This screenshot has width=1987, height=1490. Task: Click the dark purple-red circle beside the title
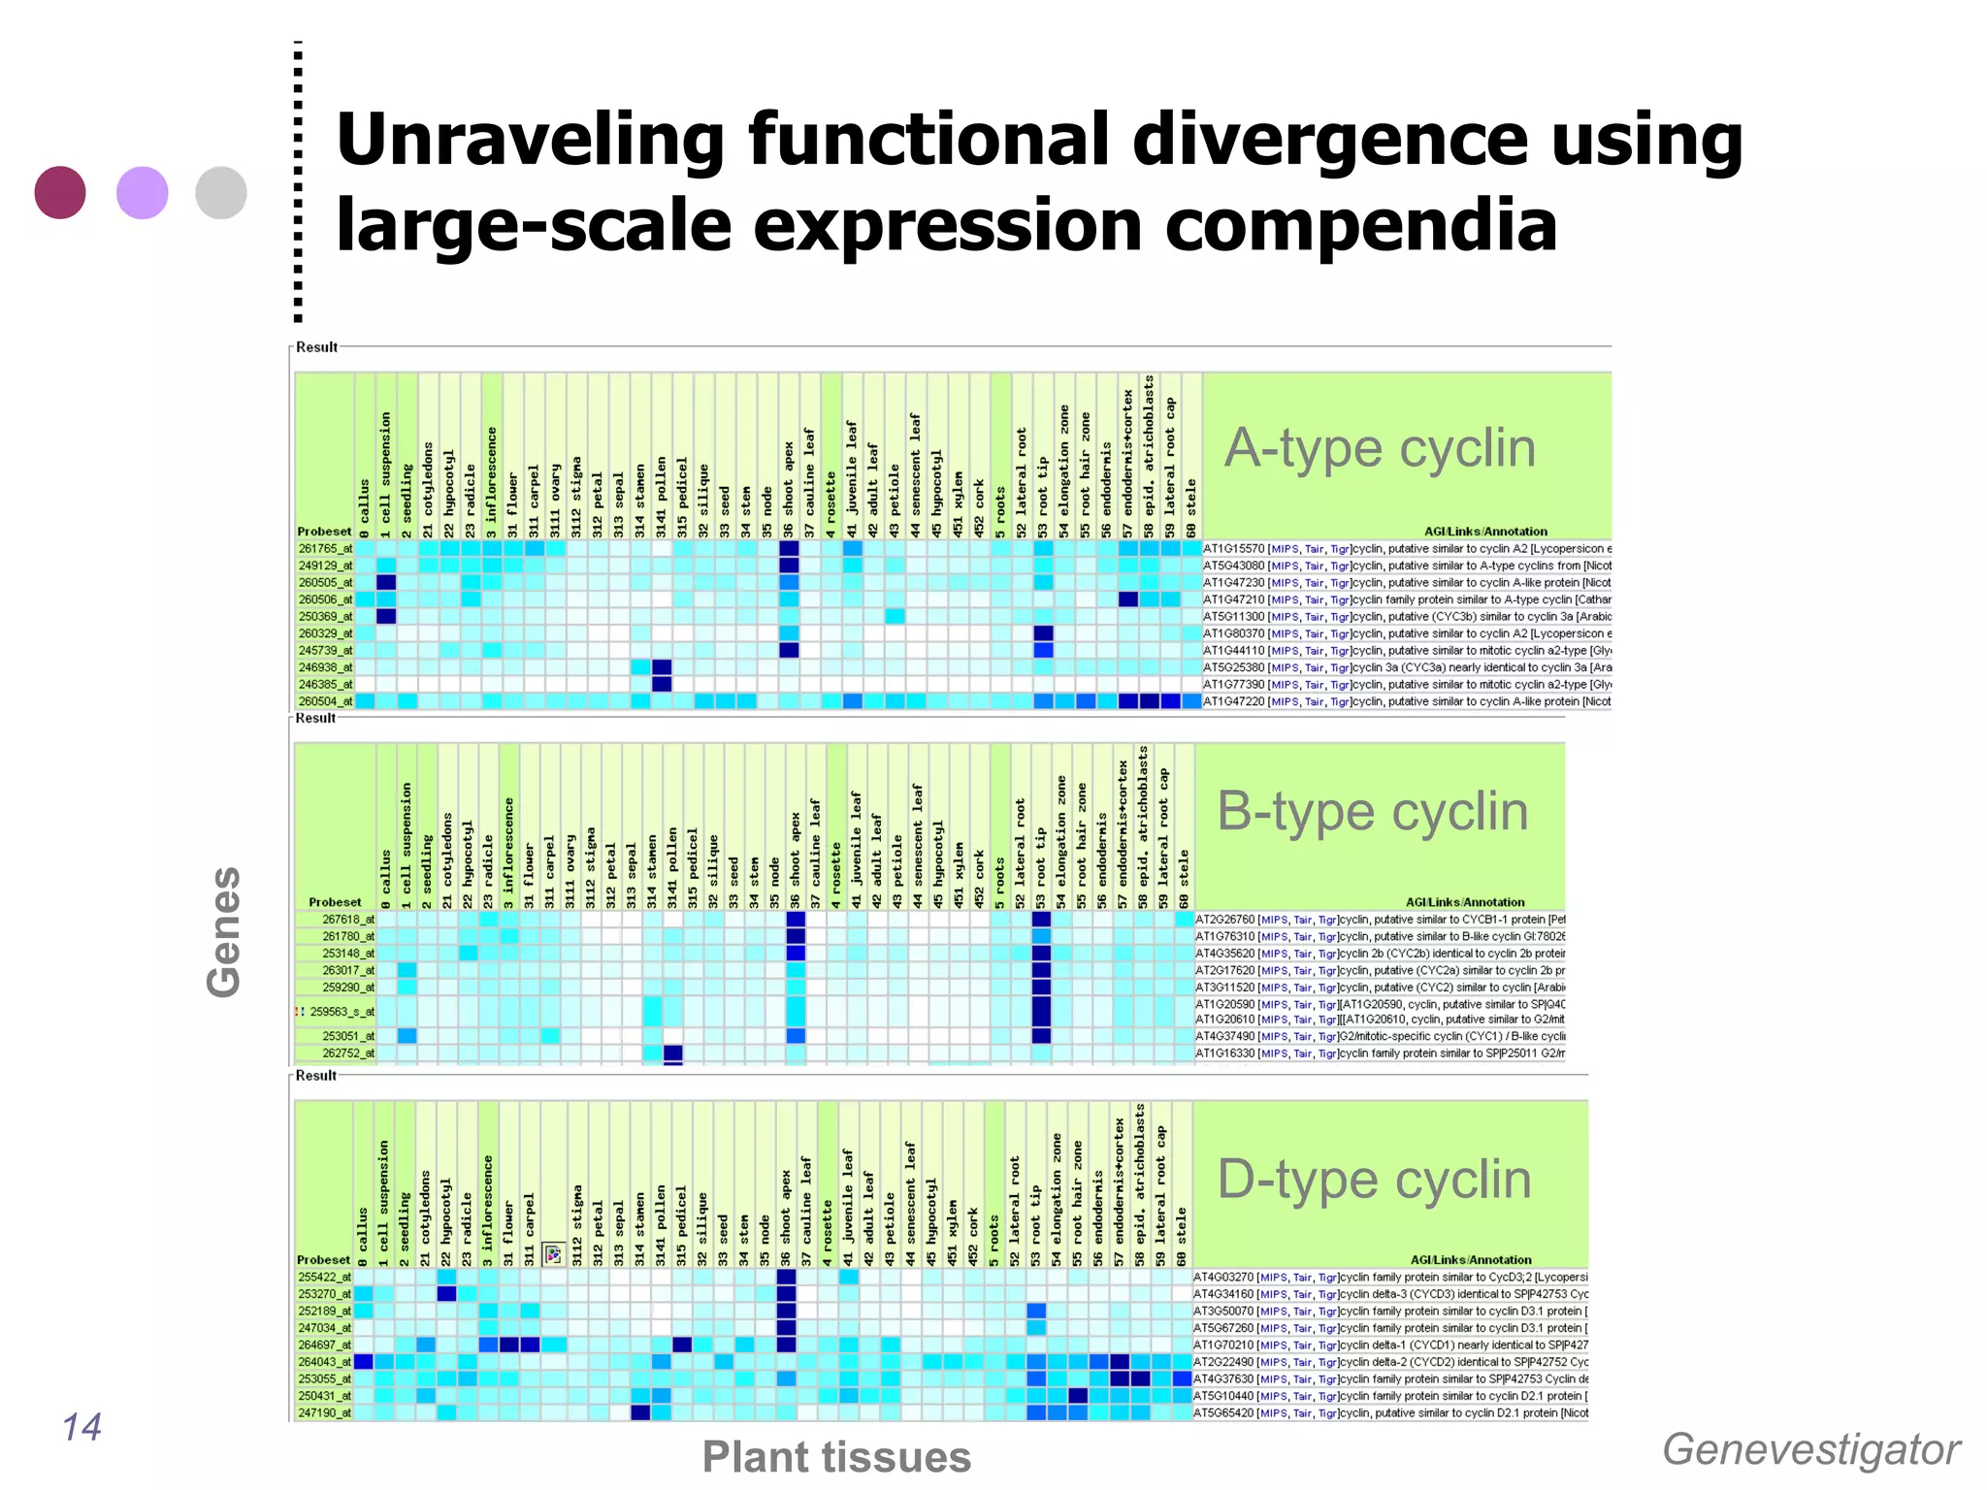click(x=60, y=192)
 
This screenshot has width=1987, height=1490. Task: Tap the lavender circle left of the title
click(x=143, y=192)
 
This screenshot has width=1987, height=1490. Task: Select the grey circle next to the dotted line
click(x=221, y=192)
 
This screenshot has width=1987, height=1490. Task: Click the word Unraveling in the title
click(x=530, y=140)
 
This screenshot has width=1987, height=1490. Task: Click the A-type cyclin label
click(x=1380, y=448)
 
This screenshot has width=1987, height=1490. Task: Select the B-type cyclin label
click(x=1372, y=811)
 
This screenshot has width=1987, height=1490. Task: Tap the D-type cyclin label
click(x=1374, y=1180)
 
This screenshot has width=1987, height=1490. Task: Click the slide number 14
click(x=81, y=1427)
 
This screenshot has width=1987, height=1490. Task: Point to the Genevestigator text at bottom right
click(x=1810, y=1449)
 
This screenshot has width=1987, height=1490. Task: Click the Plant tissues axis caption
click(x=836, y=1457)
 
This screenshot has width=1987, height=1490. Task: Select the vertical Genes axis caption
click(x=224, y=931)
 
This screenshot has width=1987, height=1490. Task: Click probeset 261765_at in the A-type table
click(x=325, y=549)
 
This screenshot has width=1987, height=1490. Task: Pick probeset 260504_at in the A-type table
click(x=325, y=701)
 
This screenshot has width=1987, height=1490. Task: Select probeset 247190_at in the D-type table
click(x=324, y=1413)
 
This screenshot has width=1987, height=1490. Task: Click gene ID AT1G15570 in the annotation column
click(x=1233, y=549)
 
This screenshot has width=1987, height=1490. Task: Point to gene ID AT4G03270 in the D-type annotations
click(x=1223, y=1278)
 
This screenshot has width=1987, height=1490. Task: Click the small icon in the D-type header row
click(x=553, y=1255)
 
